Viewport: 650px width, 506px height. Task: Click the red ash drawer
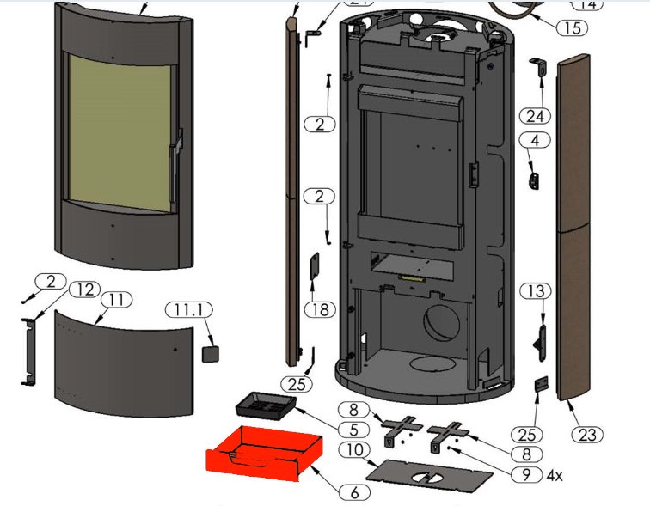point(262,453)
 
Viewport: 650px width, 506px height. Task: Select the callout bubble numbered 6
point(353,492)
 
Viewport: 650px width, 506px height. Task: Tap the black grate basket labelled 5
point(265,402)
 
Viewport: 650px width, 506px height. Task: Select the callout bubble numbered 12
point(85,289)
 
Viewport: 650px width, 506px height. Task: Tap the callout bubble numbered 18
point(318,308)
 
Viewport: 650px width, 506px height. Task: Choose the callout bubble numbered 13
point(537,292)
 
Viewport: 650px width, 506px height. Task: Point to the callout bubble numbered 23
point(587,435)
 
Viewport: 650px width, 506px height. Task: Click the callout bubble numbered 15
point(571,27)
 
